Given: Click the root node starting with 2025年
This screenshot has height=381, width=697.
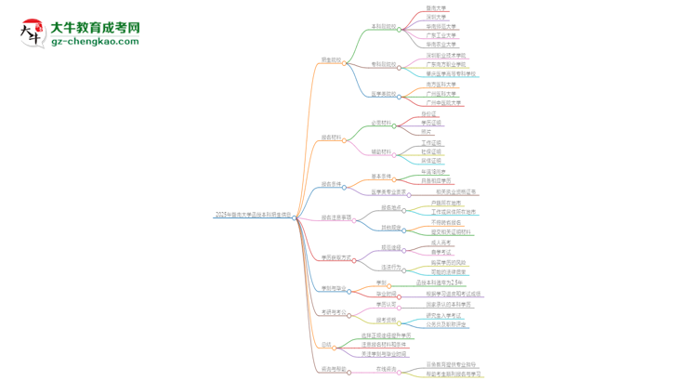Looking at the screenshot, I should tap(253, 215).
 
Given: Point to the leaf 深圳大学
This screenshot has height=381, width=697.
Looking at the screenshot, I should tap(436, 17).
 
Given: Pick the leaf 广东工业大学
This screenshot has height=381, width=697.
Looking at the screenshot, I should tap(441, 35).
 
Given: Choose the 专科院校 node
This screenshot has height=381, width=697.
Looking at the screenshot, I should tap(384, 64).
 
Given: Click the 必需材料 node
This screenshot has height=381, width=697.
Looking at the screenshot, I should tap(383, 123).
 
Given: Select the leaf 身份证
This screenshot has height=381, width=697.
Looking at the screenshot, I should tap(428, 113).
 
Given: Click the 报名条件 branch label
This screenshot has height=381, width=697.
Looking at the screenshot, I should tap(331, 184).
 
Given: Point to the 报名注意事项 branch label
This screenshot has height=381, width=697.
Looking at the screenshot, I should tap(336, 217).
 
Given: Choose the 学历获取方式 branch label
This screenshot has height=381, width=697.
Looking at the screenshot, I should tap(336, 257).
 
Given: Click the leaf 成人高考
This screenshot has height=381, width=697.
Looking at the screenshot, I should tap(441, 243).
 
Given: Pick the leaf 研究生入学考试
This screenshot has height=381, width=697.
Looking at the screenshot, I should tap(445, 316).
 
